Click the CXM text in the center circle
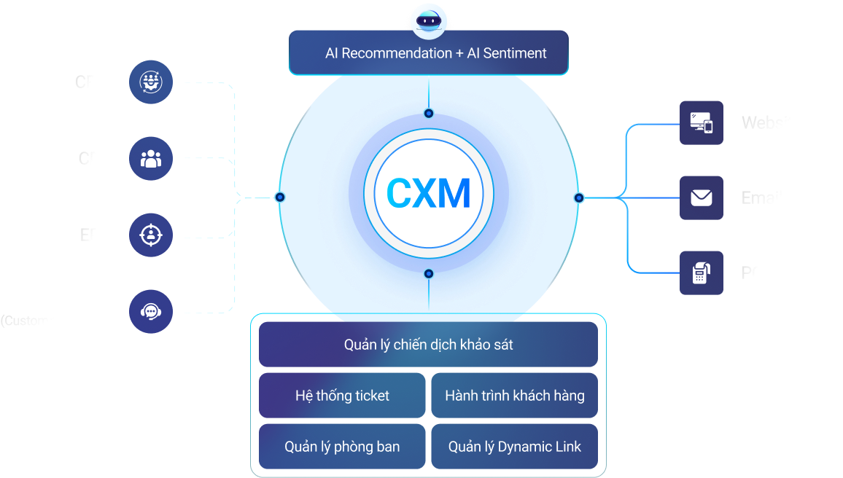428,194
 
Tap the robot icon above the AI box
429,21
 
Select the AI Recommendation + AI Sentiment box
429,53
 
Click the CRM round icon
151,82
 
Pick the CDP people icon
151,158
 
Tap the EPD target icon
151,235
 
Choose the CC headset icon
151,311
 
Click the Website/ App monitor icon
701,122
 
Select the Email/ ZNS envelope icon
701,197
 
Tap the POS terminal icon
701,273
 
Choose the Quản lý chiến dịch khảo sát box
428,345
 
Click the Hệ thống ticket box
342,396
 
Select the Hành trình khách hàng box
514,396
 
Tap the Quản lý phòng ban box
342,447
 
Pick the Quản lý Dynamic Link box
514,447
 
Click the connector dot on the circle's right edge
579,197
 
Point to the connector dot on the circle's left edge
280,197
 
